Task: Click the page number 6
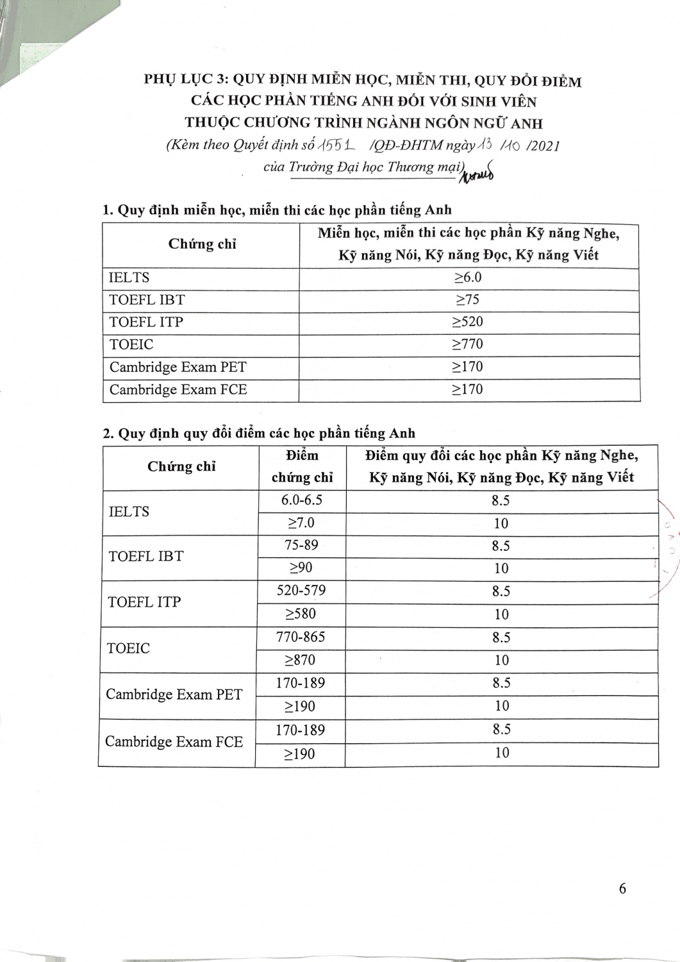(622, 889)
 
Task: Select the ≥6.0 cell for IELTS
(468, 278)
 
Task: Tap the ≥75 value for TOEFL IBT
(467, 300)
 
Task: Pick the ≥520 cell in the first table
(467, 322)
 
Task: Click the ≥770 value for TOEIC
(467, 344)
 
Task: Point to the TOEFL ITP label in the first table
(146, 322)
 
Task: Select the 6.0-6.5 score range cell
(301, 500)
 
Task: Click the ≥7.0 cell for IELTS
(301, 523)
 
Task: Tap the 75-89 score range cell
(301, 545)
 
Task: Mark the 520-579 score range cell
(301, 591)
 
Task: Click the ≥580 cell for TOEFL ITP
(301, 614)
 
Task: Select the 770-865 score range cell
(301, 637)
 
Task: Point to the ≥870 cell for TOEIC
(301, 660)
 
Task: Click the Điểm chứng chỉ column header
(302, 466)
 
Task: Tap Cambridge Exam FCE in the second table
(174, 742)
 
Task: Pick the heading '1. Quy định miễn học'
(277, 210)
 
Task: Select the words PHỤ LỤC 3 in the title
(185, 80)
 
